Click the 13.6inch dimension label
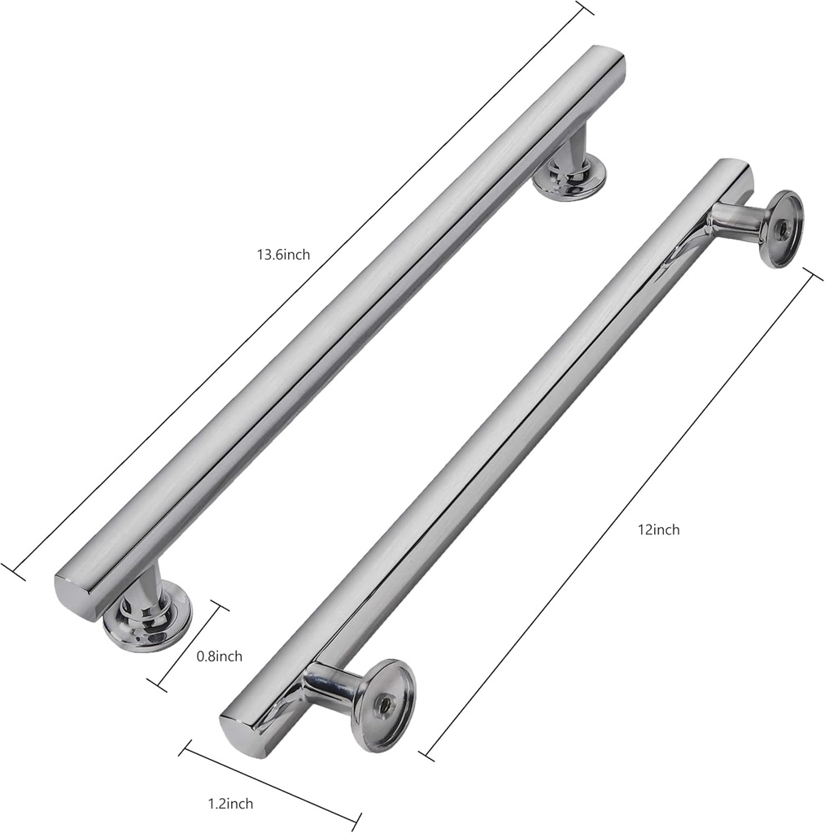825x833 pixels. tap(282, 255)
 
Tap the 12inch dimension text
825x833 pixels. tap(658, 530)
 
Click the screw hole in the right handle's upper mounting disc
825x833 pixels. tap(782, 229)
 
